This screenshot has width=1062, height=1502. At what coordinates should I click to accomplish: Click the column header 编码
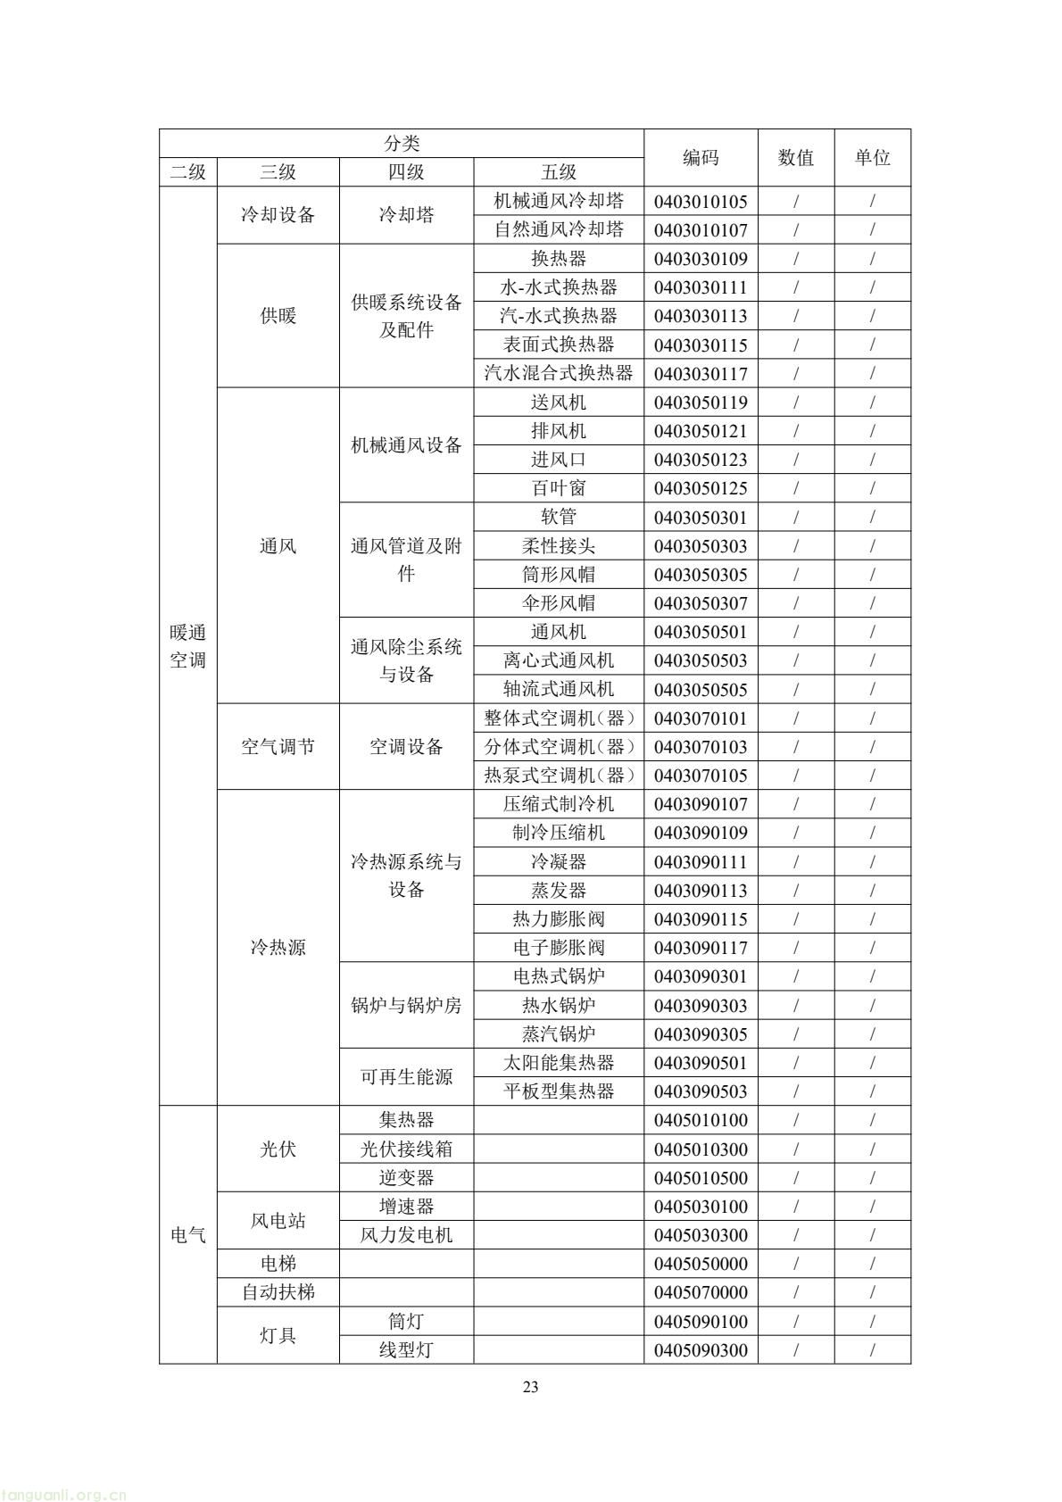(701, 158)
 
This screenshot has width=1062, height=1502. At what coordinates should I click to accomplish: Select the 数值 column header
(796, 158)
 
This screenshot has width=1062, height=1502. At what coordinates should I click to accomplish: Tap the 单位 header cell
(872, 158)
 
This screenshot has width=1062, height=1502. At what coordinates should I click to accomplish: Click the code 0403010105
(701, 202)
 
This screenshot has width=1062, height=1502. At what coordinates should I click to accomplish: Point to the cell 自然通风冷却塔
(559, 230)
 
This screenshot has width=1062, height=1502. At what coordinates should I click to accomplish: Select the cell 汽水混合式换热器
(559, 373)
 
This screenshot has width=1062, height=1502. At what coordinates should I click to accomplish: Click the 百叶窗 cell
(559, 488)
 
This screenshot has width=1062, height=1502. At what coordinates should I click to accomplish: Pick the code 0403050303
(701, 546)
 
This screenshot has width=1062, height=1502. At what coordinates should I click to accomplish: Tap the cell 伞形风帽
(559, 603)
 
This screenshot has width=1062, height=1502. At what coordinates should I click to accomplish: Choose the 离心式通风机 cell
(559, 660)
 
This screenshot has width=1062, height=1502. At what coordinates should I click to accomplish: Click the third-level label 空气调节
(278, 747)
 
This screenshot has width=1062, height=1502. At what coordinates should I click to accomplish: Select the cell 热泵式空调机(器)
(559, 776)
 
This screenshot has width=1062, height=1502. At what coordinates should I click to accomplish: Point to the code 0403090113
(701, 891)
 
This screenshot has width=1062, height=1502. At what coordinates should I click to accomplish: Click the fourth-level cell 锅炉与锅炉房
(406, 1006)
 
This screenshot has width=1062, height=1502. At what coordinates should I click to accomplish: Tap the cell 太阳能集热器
(559, 1063)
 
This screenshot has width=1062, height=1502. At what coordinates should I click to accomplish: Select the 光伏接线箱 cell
(406, 1149)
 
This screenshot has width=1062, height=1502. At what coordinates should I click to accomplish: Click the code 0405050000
(701, 1264)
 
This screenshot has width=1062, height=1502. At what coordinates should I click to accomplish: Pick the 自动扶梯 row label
(278, 1292)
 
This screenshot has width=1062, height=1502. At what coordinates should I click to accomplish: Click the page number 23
(531, 1387)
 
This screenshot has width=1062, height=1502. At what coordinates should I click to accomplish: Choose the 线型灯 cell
(406, 1350)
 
